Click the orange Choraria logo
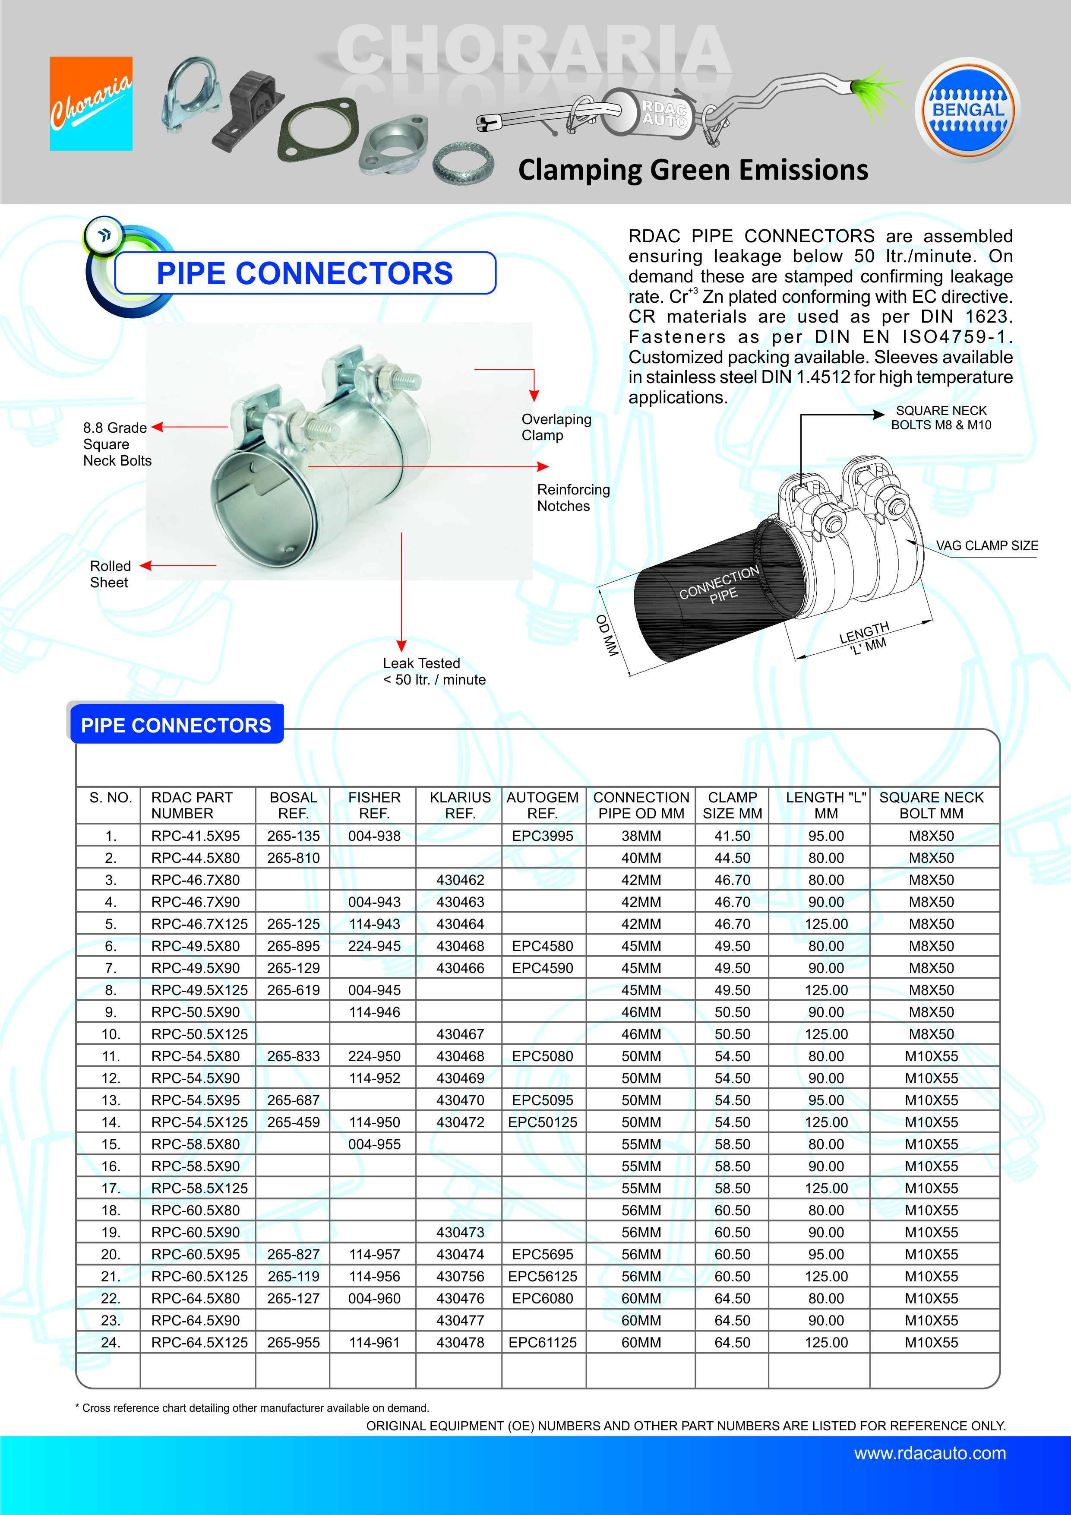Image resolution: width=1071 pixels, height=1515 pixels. click(x=91, y=104)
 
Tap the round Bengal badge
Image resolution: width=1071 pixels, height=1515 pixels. click(x=967, y=110)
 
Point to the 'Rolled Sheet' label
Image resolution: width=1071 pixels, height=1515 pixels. click(x=110, y=574)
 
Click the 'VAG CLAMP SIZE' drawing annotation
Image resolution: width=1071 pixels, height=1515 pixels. click(x=986, y=546)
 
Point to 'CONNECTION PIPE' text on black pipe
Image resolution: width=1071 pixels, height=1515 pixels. click(x=720, y=585)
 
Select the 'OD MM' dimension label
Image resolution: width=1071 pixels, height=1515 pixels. click(x=607, y=635)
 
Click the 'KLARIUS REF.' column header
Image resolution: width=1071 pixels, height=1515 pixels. click(x=460, y=805)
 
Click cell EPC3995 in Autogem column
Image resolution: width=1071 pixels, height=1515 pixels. click(x=542, y=836)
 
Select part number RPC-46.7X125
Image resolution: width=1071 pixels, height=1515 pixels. click(x=199, y=924)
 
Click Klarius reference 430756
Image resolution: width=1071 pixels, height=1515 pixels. click(x=460, y=1276)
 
